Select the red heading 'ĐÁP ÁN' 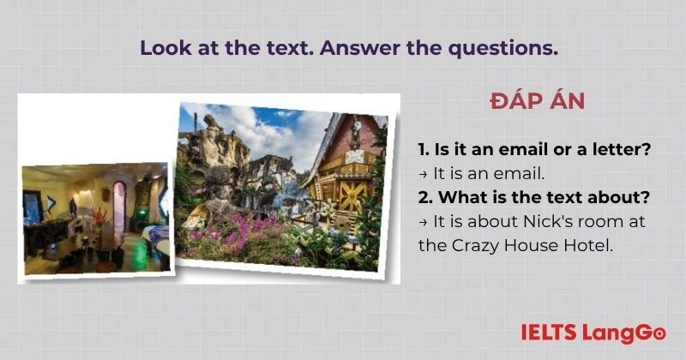click(538, 101)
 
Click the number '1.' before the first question click(424, 149)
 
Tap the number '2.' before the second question click(426, 197)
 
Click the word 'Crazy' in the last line click(475, 245)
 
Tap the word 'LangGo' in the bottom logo click(625, 332)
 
